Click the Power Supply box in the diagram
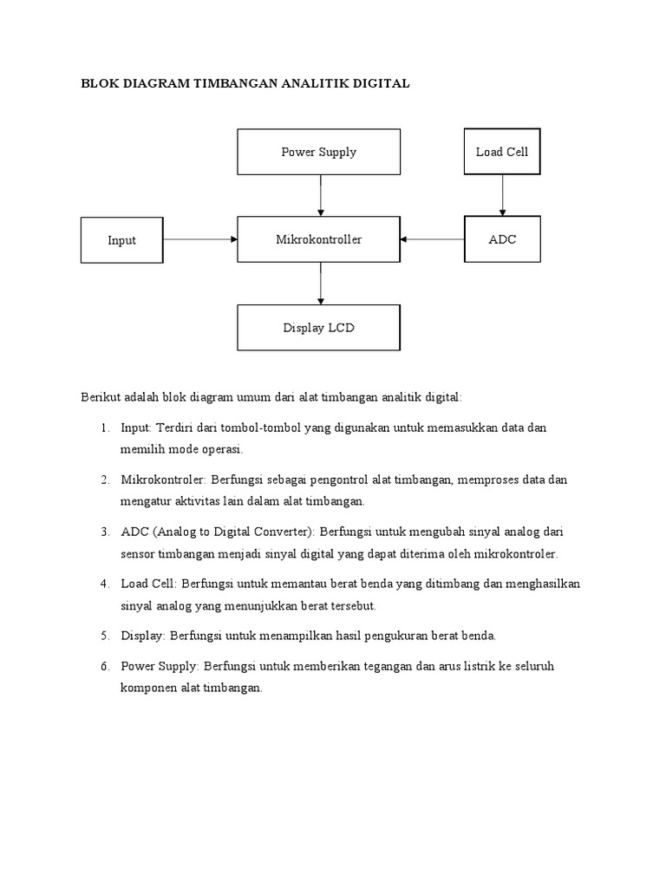coord(318,153)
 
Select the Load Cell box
coord(501,153)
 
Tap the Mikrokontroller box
coord(318,239)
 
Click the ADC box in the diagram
coord(501,239)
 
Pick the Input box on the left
coord(121,240)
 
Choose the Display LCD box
coord(318,328)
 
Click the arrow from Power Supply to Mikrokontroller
coord(321,195)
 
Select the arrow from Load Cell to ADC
coord(501,196)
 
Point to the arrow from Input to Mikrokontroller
coord(199,239)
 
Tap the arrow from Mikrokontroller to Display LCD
coord(321,283)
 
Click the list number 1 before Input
coord(103,428)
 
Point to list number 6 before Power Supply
coord(103,666)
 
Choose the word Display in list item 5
coord(142,636)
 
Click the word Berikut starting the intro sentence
coord(101,396)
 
